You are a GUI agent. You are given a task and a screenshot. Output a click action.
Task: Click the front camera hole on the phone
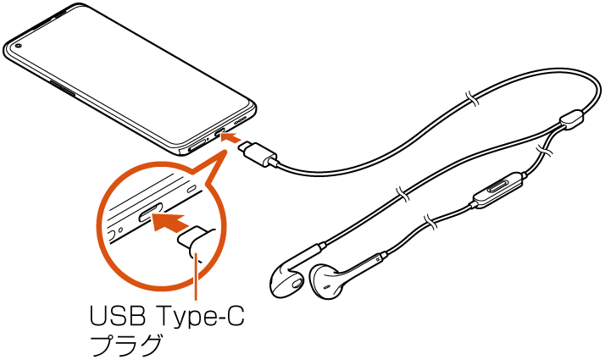pos(17,47)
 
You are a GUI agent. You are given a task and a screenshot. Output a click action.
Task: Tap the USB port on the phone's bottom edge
pos(219,132)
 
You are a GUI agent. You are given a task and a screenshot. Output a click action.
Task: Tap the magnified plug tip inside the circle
pos(196,239)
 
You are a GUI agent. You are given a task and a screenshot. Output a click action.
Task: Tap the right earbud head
pos(326,281)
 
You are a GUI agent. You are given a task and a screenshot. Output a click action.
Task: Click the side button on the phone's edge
pos(63,88)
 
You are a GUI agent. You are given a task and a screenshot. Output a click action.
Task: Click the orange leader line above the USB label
pos(197,276)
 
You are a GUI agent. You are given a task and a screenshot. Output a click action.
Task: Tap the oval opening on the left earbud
pos(297,284)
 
